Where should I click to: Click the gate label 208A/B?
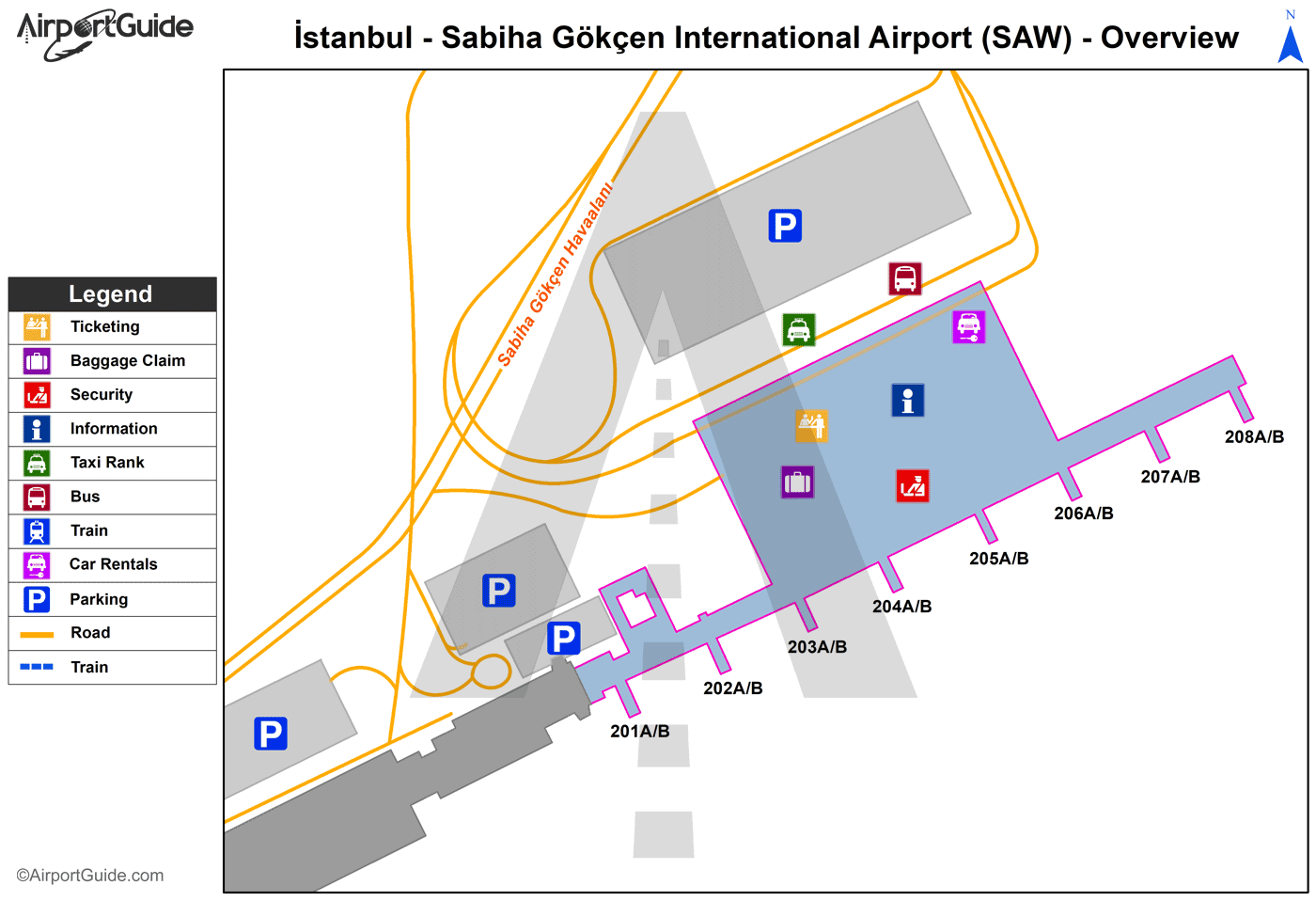pyautogui.click(x=1254, y=437)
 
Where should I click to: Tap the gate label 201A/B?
pyautogui.click(x=640, y=732)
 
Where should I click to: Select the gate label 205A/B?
pyautogui.click(x=998, y=559)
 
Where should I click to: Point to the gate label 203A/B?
pyautogui.click(x=817, y=647)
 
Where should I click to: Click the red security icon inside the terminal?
pyautogui.click(x=913, y=486)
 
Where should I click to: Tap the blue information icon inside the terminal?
pyautogui.click(x=908, y=401)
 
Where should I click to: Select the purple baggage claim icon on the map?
pyautogui.click(x=798, y=482)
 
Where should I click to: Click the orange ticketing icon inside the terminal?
pyautogui.click(x=812, y=425)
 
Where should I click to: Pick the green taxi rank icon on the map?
pyautogui.click(x=799, y=330)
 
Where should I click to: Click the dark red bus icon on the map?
pyautogui.click(x=905, y=278)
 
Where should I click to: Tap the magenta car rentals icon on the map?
pyautogui.click(x=968, y=326)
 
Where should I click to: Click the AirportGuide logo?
pyautogui.click(x=104, y=34)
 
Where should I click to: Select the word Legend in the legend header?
pyautogui.click(x=110, y=294)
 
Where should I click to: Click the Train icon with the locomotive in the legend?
pyautogui.click(x=37, y=531)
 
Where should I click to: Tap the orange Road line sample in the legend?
pyautogui.click(x=37, y=634)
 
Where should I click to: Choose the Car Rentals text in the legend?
pyautogui.click(x=114, y=564)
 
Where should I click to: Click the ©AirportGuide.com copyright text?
pyautogui.click(x=90, y=876)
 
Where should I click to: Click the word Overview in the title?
pyautogui.click(x=1169, y=38)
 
